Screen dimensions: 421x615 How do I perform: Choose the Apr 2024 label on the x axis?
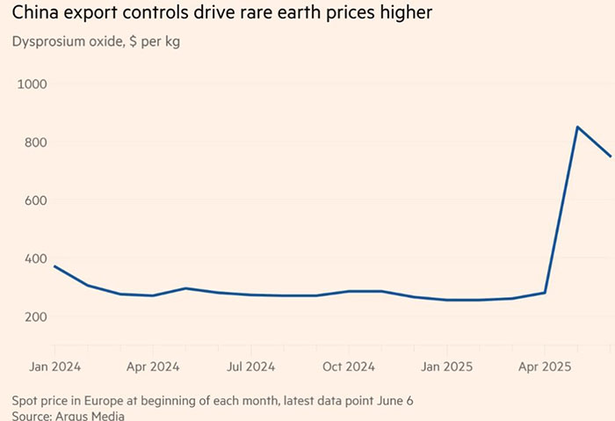(x=153, y=365)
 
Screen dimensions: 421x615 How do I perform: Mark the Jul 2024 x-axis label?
(x=251, y=365)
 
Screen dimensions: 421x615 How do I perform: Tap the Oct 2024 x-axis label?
(x=349, y=365)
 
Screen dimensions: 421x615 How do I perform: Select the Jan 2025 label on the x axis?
(x=446, y=365)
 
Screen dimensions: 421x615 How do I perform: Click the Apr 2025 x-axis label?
(x=545, y=365)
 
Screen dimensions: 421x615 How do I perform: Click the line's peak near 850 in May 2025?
(x=577, y=127)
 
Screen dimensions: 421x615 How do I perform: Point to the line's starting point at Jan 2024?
(x=54, y=266)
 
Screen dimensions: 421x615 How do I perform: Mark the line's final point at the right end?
(x=610, y=156)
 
